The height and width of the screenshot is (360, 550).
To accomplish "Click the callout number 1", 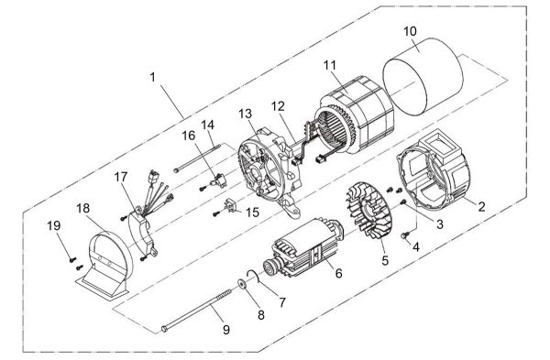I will pyautogui.click(x=152, y=78).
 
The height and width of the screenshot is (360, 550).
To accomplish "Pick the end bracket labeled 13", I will pyautogui.click(x=266, y=165).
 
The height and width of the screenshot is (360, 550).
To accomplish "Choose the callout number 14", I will pyautogui.click(x=207, y=124).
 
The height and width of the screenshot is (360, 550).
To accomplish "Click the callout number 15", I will pyautogui.click(x=253, y=213).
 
